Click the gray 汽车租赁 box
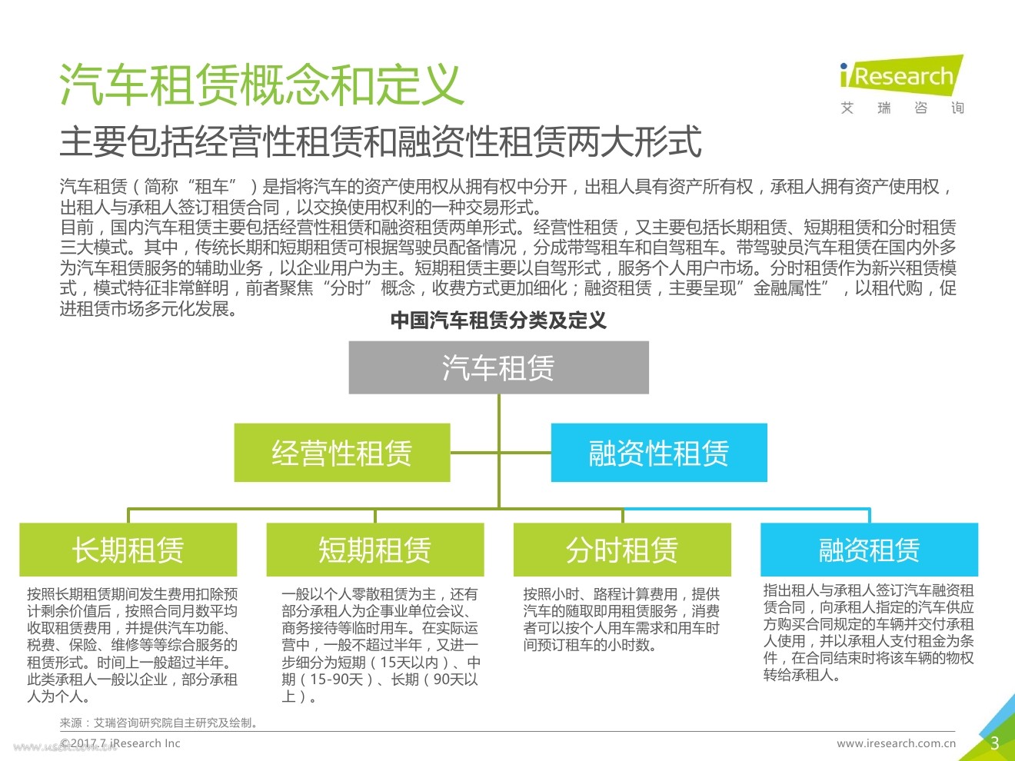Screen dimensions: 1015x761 tap(498, 367)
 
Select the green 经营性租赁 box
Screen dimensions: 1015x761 tap(342, 453)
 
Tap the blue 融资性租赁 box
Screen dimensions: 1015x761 tap(659, 453)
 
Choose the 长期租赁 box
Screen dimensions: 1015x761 tap(128, 550)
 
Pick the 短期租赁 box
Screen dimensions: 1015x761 tap(375, 550)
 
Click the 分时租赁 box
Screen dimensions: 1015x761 tap(622, 550)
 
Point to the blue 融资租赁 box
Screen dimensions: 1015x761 tap(869, 550)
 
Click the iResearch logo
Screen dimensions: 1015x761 tap(902, 75)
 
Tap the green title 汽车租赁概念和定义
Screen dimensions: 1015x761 tap(261, 84)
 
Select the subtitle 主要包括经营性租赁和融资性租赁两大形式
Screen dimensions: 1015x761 tap(381, 141)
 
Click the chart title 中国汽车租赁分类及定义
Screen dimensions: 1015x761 tap(498, 321)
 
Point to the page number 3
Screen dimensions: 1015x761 tap(994, 743)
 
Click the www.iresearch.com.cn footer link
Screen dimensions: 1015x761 tap(896, 743)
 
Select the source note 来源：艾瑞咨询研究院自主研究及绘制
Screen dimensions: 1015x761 tap(159, 723)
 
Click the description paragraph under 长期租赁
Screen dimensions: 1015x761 tap(132, 645)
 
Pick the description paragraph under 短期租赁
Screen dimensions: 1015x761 tap(380, 645)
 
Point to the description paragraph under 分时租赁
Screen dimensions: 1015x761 tap(621, 620)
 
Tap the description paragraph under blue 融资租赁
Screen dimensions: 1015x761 tap(868, 633)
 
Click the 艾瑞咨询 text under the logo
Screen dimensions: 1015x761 tap(902, 108)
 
